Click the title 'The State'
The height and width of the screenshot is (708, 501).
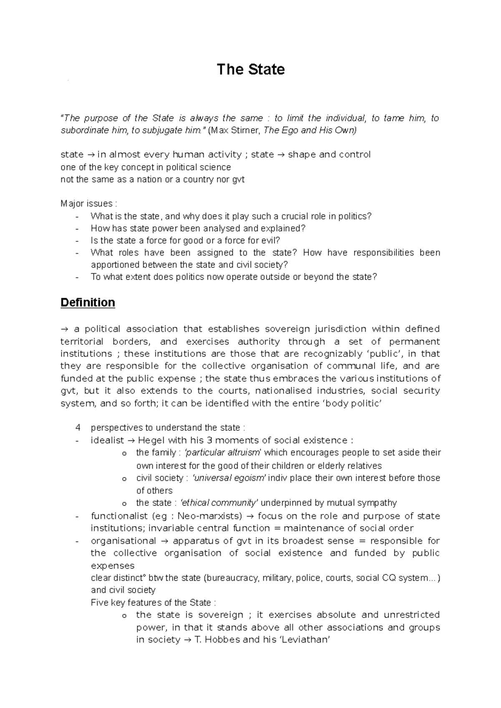click(x=250, y=69)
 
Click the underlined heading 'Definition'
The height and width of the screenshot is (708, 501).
click(x=88, y=302)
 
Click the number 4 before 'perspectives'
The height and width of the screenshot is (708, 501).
click(x=78, y=428)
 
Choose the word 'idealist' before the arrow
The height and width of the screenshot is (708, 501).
click(x=107, y=440)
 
